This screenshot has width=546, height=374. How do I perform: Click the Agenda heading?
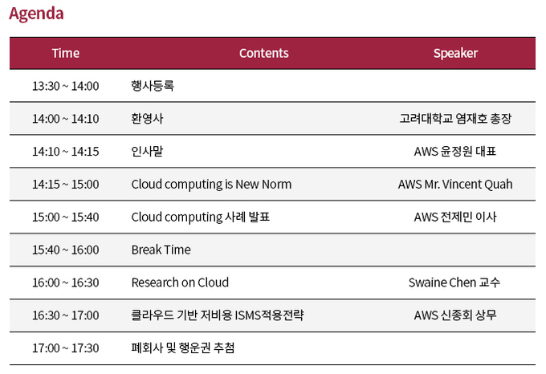36,14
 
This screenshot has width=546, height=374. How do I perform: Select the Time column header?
66,53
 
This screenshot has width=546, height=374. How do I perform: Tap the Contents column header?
263,53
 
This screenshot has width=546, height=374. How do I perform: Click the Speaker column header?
455,53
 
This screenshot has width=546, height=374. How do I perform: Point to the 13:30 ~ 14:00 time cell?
66,86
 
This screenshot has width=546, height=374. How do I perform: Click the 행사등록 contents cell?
153,86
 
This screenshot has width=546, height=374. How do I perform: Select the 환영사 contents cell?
147,119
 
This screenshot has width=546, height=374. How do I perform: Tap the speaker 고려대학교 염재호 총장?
455,119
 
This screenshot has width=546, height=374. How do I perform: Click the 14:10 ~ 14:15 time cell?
66,152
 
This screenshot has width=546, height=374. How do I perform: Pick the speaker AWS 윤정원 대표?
455,152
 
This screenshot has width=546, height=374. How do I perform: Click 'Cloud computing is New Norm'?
211,185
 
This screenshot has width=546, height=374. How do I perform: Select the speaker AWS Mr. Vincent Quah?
455,185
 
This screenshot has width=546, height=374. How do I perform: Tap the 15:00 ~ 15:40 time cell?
66,217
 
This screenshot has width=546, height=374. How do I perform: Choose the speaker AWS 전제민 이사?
455,217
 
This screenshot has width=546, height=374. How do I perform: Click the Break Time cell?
161,250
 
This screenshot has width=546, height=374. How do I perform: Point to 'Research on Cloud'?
180,283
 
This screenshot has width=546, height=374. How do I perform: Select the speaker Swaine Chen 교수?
454,283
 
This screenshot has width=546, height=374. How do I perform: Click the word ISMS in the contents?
248,315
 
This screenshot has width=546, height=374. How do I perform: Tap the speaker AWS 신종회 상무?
455,315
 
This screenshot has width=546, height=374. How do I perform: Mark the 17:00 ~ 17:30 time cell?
66,348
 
